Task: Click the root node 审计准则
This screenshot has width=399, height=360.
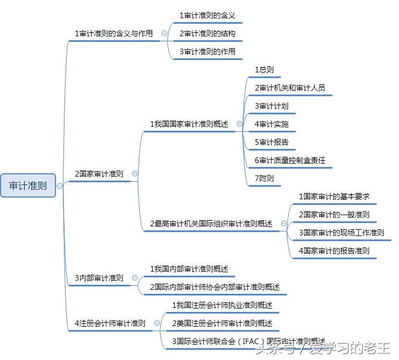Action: coord(28,185)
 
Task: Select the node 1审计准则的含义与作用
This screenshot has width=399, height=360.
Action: coord(114,33)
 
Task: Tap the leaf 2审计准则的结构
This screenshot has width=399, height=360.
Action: coord(207,33)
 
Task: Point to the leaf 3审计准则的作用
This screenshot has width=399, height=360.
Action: coord(207,52)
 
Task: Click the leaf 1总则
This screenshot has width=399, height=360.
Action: coord(264,70)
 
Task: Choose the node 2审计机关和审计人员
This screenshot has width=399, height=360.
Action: coord(290,88)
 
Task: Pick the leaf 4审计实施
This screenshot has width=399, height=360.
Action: coord(272,124)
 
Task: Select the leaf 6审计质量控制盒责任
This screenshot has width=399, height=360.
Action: coord(290,160)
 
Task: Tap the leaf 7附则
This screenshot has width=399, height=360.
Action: coord(264,178)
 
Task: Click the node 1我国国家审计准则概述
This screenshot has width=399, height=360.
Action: coord(189,124)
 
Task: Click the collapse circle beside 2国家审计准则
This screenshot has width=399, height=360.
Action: coord(135,174)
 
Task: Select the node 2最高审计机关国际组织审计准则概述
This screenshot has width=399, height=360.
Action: coord(211,224)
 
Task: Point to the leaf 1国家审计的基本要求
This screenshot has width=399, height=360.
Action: coord(334,196)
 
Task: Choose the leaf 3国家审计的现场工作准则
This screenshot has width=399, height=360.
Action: coord(341,233)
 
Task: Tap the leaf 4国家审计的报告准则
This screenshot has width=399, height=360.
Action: coord(334,250)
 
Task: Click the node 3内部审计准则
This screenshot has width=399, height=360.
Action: coord(99,278)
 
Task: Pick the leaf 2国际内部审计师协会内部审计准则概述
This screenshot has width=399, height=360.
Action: coord(214,287)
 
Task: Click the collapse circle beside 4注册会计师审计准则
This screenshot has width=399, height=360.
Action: coord(157,323)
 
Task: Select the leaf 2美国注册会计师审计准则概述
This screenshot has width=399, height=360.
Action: coord(222,323)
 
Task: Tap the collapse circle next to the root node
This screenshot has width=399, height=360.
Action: coord(60,186)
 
